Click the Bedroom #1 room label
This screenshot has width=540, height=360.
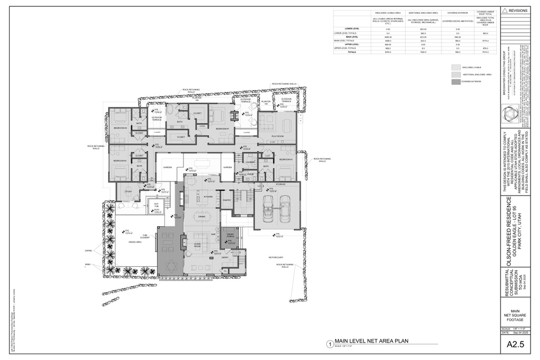tap(222, 129)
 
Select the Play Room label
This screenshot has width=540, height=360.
tap(277, 135)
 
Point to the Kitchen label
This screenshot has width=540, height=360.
tap(208, 197)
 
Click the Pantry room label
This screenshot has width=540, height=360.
tap(227, 200)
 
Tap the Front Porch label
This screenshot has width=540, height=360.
tap(231, 235)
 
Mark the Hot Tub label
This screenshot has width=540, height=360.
tap(156, 205)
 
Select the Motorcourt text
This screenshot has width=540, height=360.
tap(276, 258)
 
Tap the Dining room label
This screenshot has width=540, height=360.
tap(201, 217)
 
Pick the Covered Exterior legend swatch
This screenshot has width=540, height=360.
tap(455, 82)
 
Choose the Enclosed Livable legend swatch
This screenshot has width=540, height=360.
tap(455, 67)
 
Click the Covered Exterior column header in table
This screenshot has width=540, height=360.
tap(457, 12)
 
